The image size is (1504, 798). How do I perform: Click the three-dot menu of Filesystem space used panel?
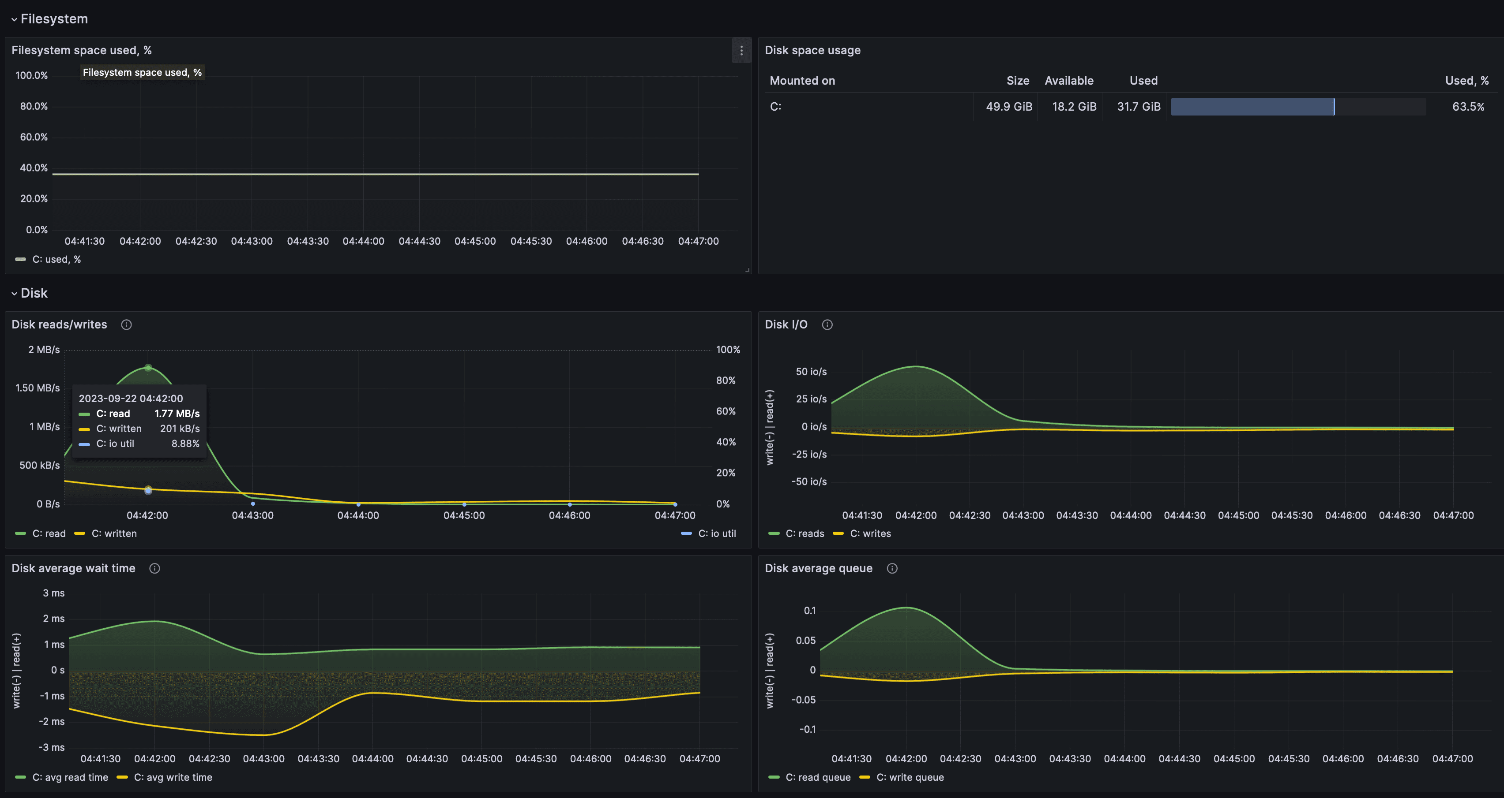[741, 51]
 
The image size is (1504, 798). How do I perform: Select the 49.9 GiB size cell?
[1008, 107]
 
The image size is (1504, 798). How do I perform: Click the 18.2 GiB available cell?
[1074, 107]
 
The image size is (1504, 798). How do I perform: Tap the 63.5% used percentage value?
[1468, 107]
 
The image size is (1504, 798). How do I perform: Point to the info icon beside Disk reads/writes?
[126, 325]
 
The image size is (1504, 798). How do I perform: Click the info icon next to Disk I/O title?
[827, 325]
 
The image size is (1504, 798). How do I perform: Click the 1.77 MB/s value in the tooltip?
[177, 414]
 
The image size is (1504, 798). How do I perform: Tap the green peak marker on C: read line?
[148, 368]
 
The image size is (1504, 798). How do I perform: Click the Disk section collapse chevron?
[14, 294]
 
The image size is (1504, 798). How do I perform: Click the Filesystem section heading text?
[54, 19]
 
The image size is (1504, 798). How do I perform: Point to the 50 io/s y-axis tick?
[811, 372]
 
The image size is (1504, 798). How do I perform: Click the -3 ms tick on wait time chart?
[52, 747]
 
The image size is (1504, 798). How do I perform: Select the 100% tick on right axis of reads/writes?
[727, 350]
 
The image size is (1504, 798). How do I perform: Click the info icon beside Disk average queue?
[891, 569]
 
